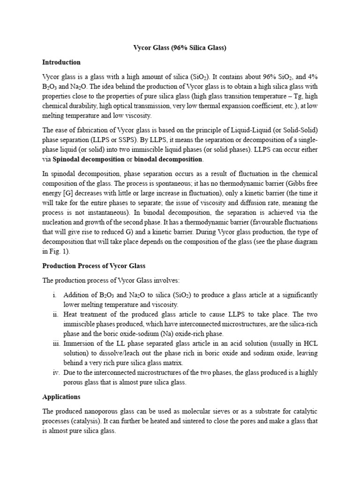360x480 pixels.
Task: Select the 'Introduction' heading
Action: click(x=61, y=62)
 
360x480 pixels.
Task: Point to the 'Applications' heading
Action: click(x=61, y=397)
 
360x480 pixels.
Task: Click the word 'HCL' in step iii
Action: click(x=309, y=343)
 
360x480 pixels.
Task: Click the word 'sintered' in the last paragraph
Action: click(x=194, y=421)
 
